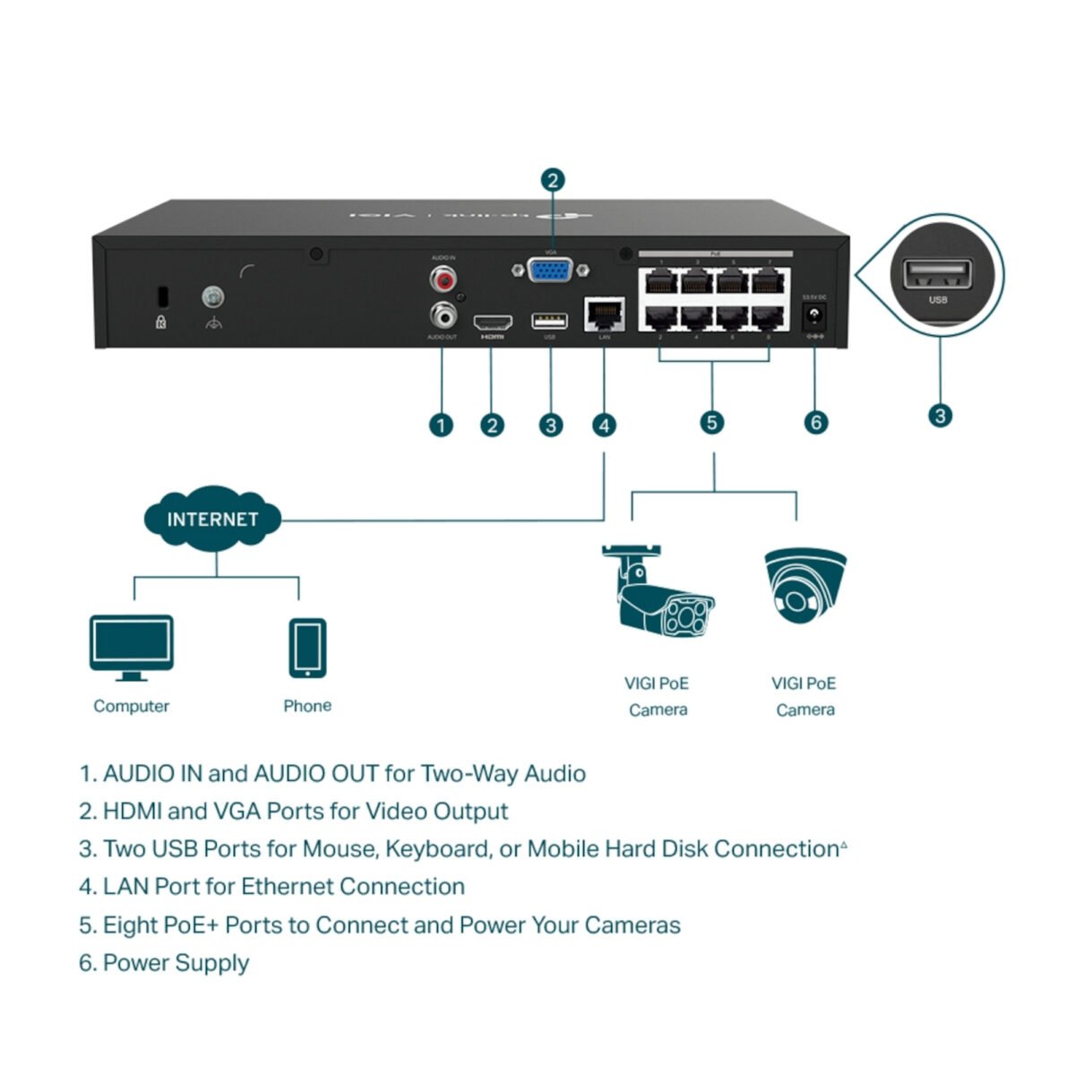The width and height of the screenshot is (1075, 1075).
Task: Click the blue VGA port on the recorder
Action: (551, 270)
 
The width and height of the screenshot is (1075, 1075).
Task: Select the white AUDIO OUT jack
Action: (443, 314)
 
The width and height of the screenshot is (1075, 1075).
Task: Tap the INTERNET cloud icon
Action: (212, 519)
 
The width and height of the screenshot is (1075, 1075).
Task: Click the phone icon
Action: (307, 648)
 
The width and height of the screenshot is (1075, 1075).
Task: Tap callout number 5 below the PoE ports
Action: (712, 422)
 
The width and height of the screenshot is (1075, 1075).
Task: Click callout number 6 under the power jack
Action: (815, 422)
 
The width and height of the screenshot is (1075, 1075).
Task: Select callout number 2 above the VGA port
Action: (553, 180)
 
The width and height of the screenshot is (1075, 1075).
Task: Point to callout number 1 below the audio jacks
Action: (441, 425)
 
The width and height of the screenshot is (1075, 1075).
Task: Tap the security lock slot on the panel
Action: (161, 295)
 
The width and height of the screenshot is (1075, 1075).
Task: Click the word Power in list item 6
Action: (132, 963)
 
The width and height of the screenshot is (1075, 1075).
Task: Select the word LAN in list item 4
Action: (125, 887)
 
